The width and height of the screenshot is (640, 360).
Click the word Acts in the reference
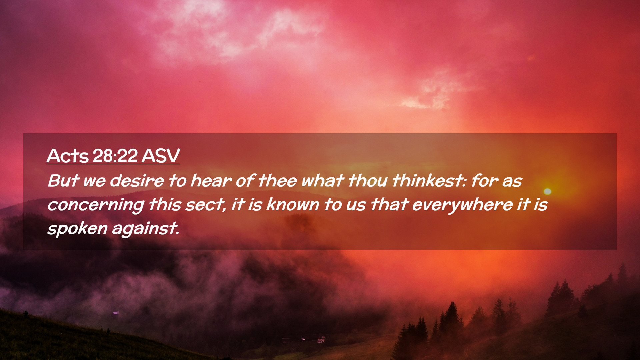coord(68,156)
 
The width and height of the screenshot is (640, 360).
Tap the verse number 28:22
coord(115,156)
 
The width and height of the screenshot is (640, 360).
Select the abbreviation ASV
coord(160,156)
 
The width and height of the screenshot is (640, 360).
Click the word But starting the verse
coord(63,181)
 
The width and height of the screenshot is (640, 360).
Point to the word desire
coord(137,181)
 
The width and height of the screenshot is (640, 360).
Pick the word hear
coord(211,181)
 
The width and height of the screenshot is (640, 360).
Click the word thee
coord(277,181)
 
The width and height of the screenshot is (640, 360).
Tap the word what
coord(322,181)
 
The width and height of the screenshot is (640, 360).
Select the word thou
coord(368,181)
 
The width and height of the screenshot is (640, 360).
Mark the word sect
coord(206,205)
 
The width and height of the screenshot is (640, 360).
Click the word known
coord(293,204)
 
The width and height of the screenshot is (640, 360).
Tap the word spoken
coord(77,229)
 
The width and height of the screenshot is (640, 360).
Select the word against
coord(146,229)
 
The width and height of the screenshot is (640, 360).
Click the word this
coord(165,204)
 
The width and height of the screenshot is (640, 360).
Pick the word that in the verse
coord(389,204)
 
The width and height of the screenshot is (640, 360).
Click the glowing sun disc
coord(547,191)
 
